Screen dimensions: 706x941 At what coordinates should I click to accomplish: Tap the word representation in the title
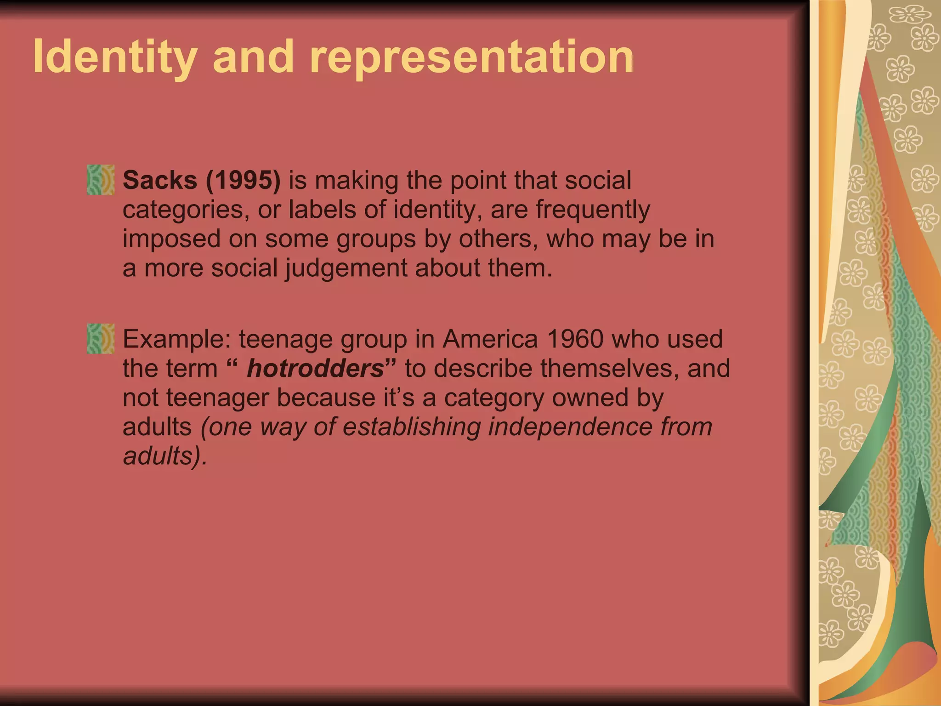[x=472, y=57]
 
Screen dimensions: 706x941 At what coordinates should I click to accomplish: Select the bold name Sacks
[x=159, y=180]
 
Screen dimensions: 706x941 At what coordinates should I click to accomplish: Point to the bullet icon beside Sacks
[x=101, y=180]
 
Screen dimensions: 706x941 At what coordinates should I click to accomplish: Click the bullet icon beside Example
[x=101, y=338]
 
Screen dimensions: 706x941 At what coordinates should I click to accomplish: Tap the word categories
[x=185, y=210]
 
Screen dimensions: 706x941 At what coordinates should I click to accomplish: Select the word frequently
[x=593, y=210]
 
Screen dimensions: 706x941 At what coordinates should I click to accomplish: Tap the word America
[x=490, y=339]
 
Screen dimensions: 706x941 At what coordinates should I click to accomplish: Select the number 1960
[x=575, y=339]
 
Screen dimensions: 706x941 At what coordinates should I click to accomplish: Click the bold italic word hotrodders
[x=315, y=369]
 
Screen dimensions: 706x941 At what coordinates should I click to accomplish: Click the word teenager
[x=217, y=398]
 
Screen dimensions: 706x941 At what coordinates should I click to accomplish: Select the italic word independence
[x=570, y=427]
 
